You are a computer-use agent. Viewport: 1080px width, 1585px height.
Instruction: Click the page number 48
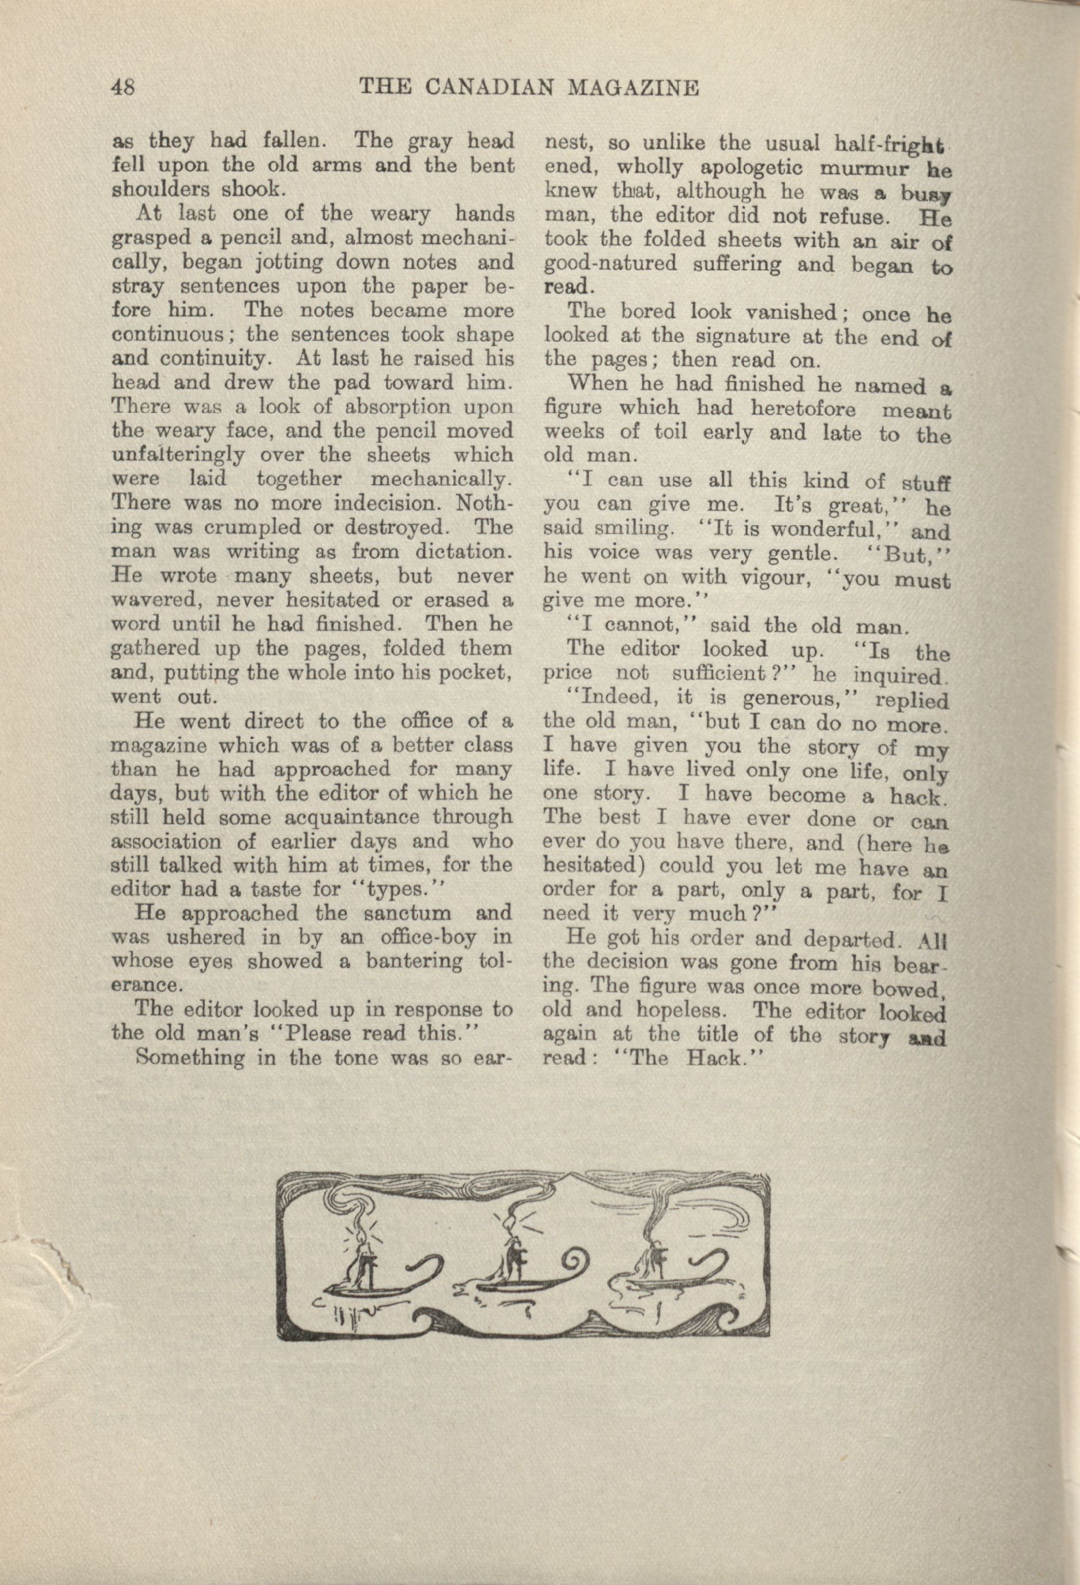coord(124,88)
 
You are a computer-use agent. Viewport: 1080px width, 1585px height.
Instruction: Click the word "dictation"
coord(454,552)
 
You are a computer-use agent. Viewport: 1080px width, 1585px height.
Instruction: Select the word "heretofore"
coord(807,408)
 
